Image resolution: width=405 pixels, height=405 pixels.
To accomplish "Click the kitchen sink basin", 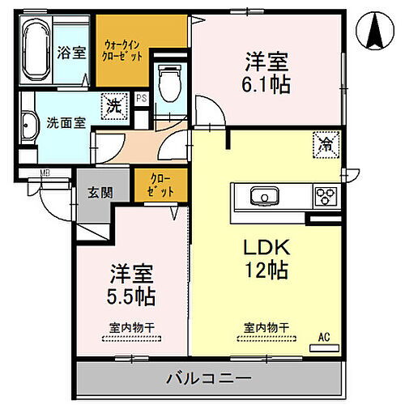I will [263, 196].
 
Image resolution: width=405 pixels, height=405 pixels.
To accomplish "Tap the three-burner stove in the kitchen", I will [326, 196].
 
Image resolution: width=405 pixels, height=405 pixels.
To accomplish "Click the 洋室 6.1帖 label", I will [267, 71].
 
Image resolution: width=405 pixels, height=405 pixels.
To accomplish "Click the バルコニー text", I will [209, 378].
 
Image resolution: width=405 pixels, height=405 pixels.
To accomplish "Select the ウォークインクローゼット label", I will [124, 51].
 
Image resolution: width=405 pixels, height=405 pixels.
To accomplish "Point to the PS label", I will [142, 99].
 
